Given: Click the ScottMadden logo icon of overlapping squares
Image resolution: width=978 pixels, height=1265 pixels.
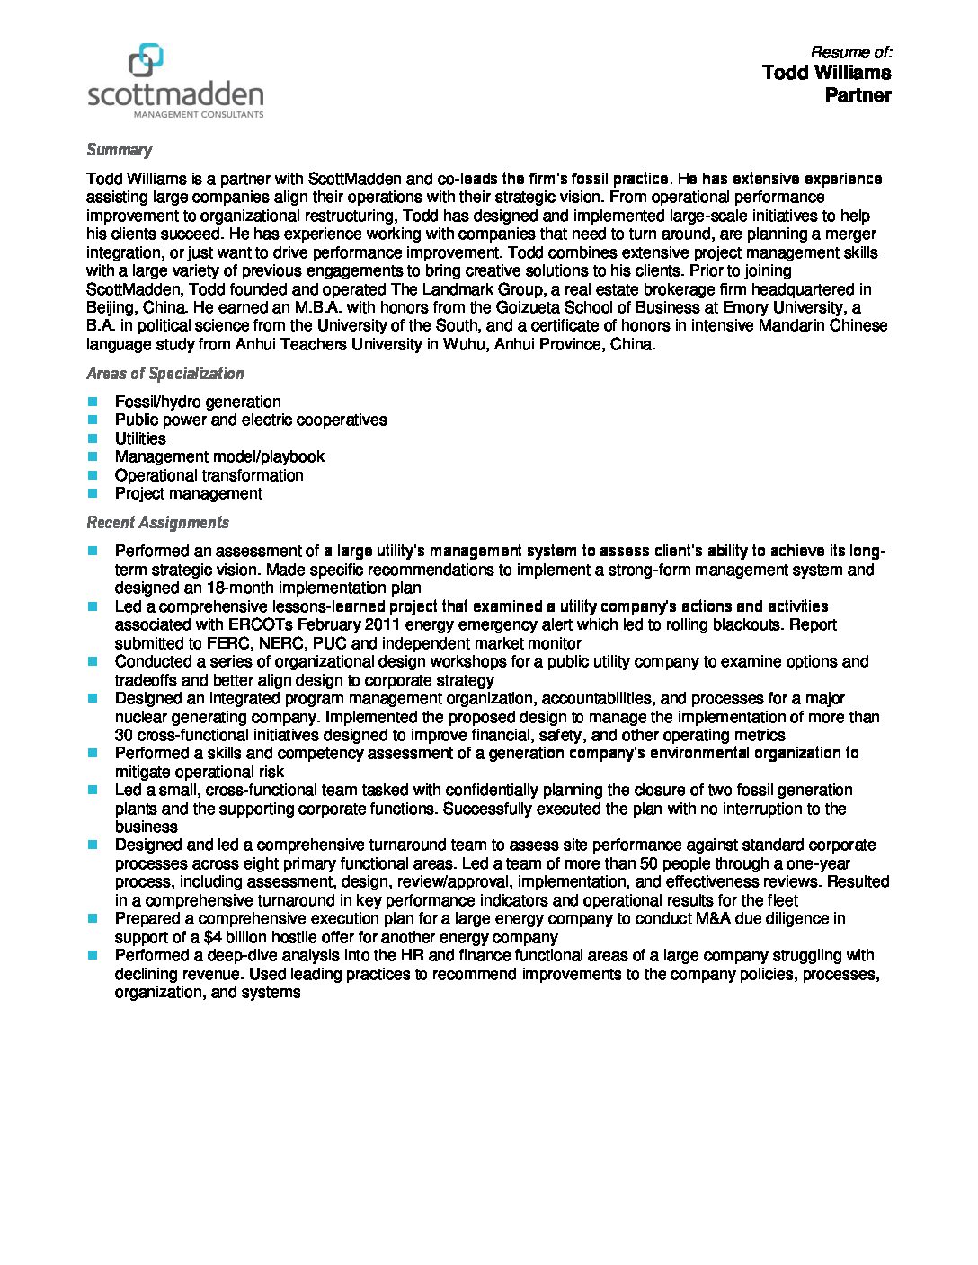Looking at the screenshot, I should click(x=146, y=60).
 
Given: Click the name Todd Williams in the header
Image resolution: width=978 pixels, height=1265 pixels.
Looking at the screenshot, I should click(x=826, y=73).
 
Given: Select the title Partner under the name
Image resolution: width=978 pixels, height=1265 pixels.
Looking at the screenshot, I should click(x=858, y=95).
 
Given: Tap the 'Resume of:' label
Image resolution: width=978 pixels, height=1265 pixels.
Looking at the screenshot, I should click(x=850, y=52).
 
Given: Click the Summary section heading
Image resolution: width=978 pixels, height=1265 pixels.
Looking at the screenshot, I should click(x=119, y=150).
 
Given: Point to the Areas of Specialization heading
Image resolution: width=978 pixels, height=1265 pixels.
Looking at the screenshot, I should click(x=164, y=374).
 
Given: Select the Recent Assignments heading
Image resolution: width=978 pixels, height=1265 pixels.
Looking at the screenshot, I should click(x=157, y=523).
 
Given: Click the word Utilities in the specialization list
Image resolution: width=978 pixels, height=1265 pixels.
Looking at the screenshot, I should click(x=140, y=438).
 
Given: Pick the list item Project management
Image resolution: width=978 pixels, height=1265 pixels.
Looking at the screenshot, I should click(x=189, y=493).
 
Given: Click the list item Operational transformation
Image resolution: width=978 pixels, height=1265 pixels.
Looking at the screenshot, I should click(x=209, y=475).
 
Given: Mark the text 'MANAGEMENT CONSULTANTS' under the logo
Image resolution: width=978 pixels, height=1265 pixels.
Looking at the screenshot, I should click(x=199, y=115).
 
